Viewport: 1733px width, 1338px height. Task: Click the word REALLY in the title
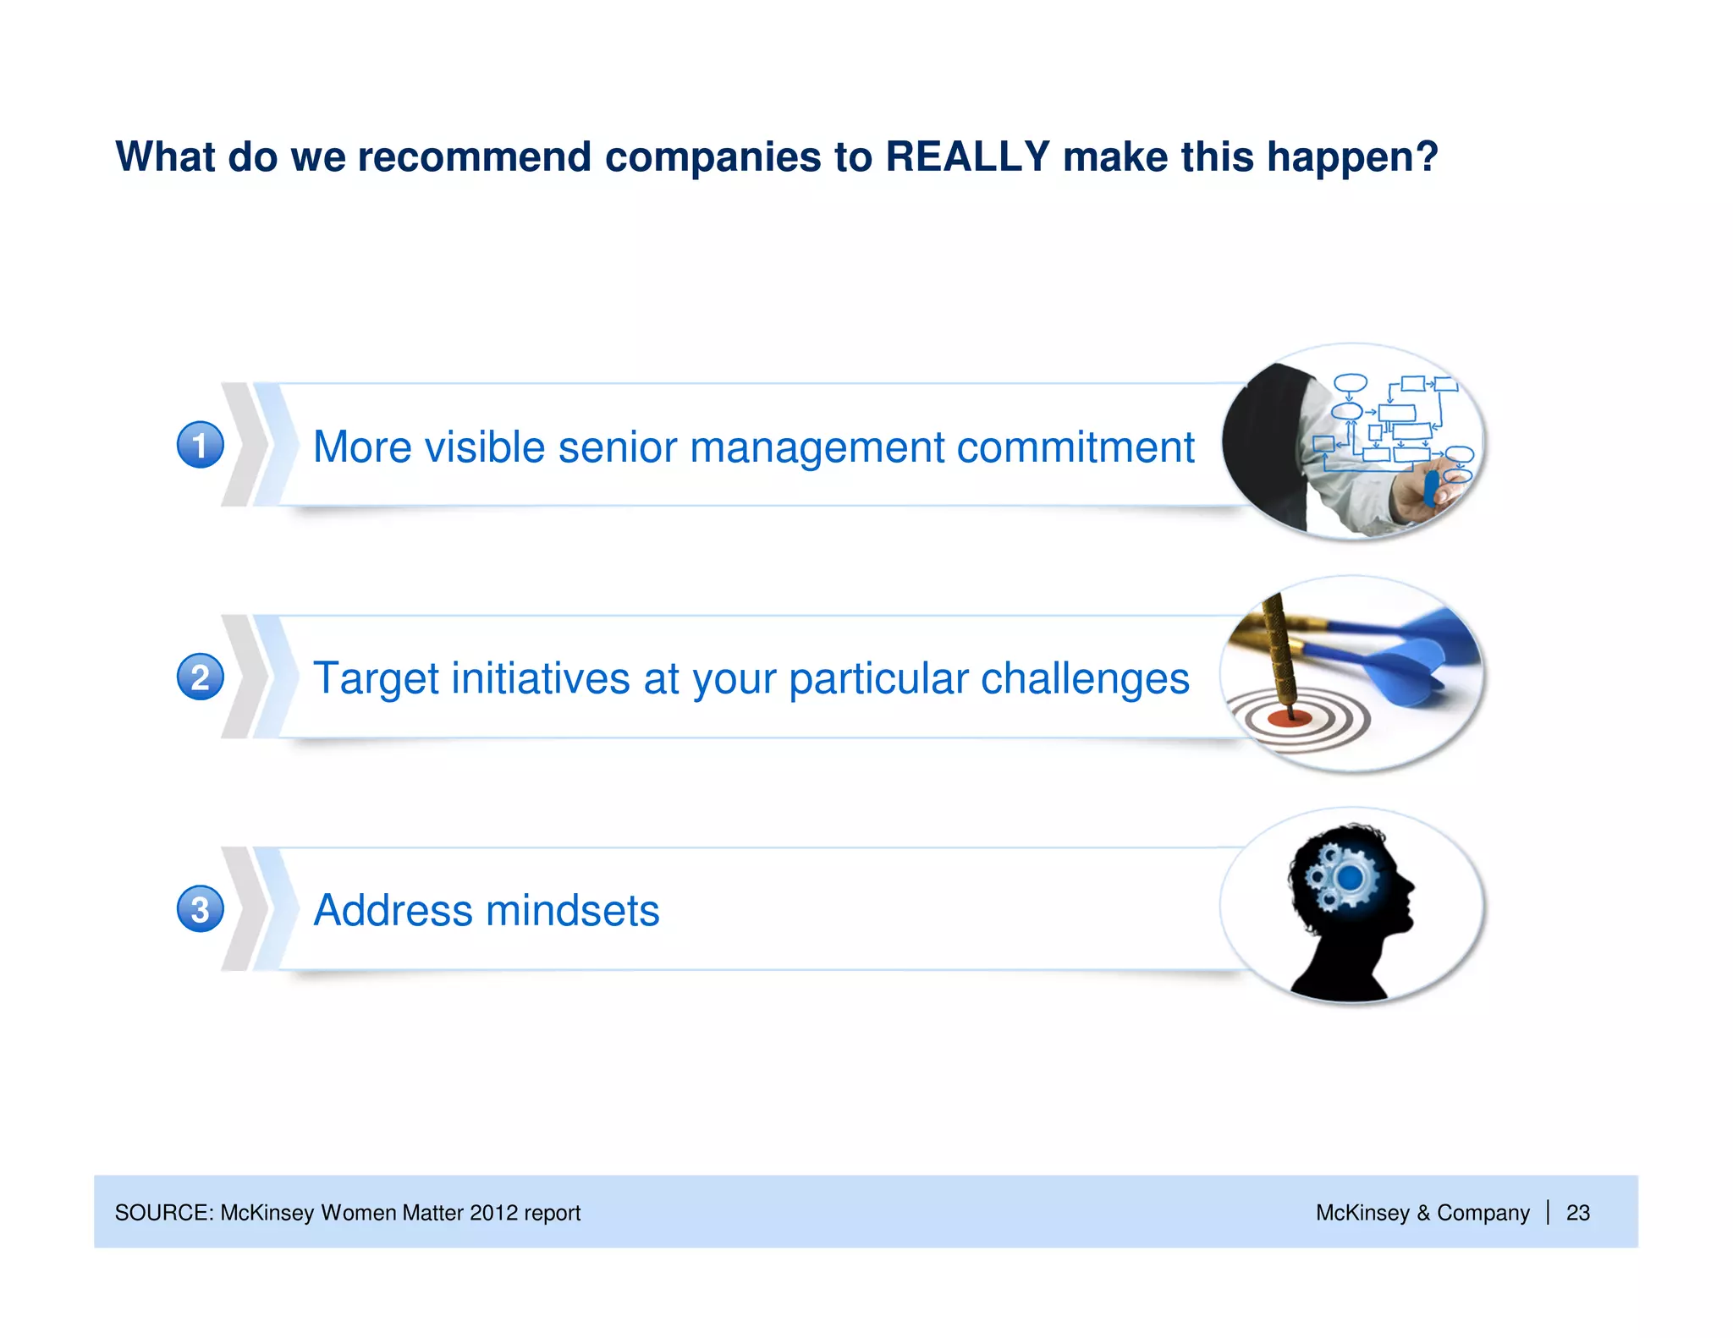point(967,157)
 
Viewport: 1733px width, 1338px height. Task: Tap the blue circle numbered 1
point(201,445)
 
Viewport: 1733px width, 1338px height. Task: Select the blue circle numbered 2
point(201,677)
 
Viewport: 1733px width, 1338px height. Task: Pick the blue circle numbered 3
point(201,909)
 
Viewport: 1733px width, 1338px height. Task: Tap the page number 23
point(1577,1213)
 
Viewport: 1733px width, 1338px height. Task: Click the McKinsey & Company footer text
point(1422,1213)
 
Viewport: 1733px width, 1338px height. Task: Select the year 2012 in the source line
point(493,1213)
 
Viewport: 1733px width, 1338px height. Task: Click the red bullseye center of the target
point(1289,720)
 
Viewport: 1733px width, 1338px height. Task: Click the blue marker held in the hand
point(1431,489)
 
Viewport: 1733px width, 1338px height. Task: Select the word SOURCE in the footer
point(164,1213)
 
